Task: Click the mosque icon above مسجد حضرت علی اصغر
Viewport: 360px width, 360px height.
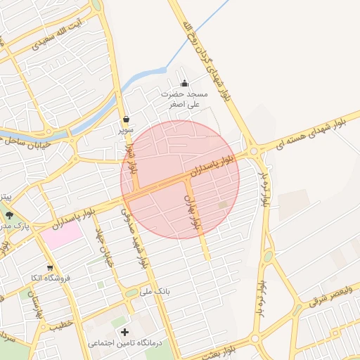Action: [185, 84]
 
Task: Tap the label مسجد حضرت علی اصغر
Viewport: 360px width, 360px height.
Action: [185, 98]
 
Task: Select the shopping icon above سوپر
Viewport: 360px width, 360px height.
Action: [125, 119]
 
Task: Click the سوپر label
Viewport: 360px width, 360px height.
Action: [125, 130]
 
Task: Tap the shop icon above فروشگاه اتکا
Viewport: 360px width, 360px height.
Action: [50, 268]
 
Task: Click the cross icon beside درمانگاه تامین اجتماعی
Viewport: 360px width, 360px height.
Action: [125, 332]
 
